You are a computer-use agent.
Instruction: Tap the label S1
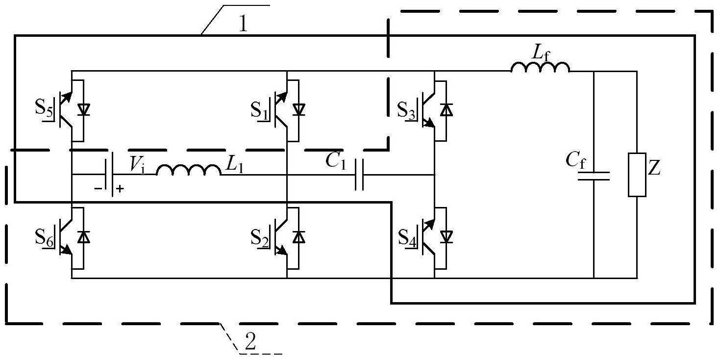pos(259,110)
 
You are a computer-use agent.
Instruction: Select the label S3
pos(406,110)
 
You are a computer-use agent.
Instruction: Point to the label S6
pos(44,237)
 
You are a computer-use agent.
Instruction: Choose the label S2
pos(259,237)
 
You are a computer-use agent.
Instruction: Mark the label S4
pos(407,237)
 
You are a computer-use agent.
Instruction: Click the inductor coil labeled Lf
pos(540,67)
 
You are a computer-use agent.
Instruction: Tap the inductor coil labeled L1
pos(189,170)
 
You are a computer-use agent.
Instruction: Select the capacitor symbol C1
pos(359,175)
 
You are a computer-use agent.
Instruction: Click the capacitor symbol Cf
pos(594,176)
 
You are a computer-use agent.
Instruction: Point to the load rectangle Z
pos(637,175)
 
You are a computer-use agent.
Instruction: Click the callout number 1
pos(243,24)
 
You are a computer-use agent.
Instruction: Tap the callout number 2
pos(250,341)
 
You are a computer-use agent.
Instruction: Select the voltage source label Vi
pos(137,164)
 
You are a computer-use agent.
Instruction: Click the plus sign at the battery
pos(120,189)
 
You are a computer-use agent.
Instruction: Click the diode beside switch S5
pos(84,110)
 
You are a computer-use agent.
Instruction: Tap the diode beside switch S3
pos(446,110)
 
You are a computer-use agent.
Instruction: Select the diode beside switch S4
pos(446,237)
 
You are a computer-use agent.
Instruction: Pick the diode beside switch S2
pos(299,237)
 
